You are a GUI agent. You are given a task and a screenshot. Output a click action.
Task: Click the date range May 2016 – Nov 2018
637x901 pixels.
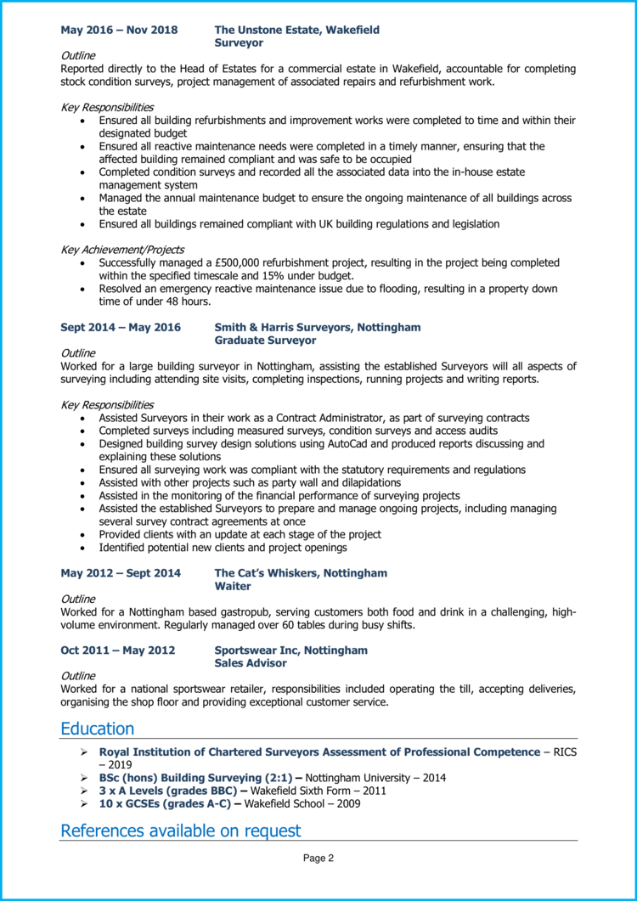point(119,30)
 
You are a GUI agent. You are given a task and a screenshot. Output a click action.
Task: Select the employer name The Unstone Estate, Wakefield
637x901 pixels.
point(296,30)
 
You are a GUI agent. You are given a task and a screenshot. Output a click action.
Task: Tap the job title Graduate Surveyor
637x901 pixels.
point(265,341)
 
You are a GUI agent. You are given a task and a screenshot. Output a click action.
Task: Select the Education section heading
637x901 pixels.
point(98,729)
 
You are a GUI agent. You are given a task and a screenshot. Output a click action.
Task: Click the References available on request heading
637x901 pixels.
point(181,831)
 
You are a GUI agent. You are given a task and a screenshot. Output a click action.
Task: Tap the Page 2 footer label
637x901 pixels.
point(318,859)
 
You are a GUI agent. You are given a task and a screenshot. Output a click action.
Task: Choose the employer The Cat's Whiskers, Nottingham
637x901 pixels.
point(301,573)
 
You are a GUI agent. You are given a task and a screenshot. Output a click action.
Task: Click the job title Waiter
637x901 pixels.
point(233,586)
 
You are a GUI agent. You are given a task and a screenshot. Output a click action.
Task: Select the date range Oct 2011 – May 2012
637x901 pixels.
point(118,650)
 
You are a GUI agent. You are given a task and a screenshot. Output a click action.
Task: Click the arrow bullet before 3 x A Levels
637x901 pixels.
point(84,791)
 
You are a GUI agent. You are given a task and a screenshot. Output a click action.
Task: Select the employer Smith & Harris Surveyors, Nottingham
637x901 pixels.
point(317,327)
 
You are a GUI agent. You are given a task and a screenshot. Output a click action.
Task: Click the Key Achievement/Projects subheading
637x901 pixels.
point(122,250)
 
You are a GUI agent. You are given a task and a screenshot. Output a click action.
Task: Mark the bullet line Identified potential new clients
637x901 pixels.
point(217,548)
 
